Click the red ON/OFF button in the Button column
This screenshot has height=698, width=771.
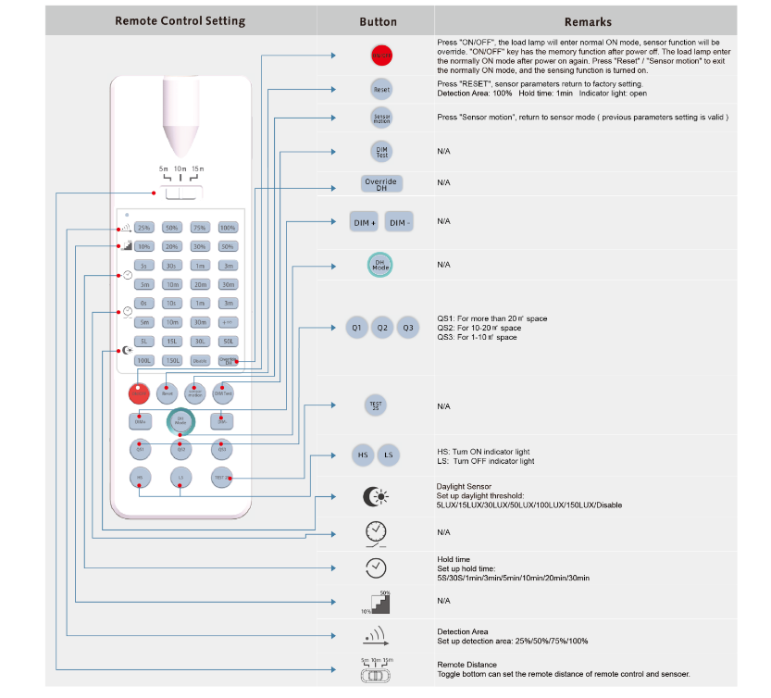(380, 56)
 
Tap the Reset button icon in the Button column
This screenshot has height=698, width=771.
(380, 90)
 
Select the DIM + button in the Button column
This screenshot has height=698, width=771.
(364, 222)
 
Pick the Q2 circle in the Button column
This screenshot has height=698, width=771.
(381, 328)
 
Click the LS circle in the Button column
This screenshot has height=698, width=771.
(390, 455)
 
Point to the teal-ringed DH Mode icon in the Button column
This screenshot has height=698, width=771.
(379, 265)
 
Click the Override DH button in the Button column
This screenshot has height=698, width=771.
(380, 182)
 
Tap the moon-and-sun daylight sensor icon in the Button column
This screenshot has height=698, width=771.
(376, 497)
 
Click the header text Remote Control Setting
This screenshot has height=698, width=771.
(180, 20)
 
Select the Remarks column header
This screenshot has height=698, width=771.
(588, 21)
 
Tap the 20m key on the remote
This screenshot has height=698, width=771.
(200, 284)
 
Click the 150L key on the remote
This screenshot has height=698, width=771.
(172, 360)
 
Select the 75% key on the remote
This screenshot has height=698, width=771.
(200, 227)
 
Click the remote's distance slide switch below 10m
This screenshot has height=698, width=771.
(181, 193)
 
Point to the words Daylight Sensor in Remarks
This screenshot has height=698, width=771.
(464, 486)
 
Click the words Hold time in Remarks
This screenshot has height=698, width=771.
(454, 559)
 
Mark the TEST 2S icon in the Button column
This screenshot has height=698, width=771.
(376, 405)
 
